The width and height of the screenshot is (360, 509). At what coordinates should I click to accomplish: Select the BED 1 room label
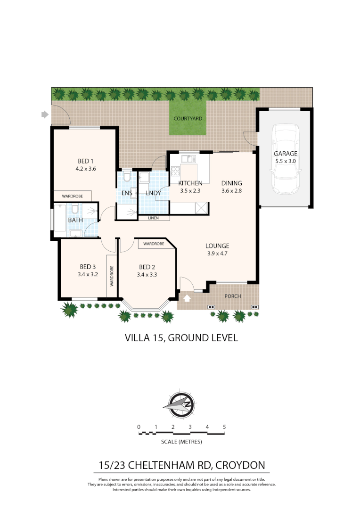tap(86, 161)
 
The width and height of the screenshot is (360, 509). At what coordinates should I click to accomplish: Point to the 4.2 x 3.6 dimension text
tap(86, 169)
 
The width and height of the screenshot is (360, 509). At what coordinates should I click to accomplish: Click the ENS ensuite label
tap(127, 193)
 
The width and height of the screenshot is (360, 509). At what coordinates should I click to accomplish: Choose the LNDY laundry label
tap(154, 193)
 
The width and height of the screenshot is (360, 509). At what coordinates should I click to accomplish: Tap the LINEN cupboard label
tap(153, 218)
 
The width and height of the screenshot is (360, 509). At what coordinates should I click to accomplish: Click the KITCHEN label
tap(190, 183)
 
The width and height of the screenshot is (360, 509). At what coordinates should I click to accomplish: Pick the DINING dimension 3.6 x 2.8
tap(231, 191)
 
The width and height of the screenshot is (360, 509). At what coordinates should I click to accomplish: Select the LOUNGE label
tap(217, 246)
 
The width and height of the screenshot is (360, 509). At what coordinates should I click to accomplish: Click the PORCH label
tap(233, 296)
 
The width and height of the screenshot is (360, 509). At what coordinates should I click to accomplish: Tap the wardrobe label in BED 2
tap(154, 244)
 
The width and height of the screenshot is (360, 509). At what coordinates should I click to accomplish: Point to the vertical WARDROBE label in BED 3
tap(112, 276)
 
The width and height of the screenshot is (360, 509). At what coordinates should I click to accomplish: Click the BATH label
tap(75, 220)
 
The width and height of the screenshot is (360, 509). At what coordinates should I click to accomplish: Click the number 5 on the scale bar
tap(224, 427)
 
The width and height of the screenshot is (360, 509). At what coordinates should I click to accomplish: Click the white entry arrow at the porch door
tap(187, 298)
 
